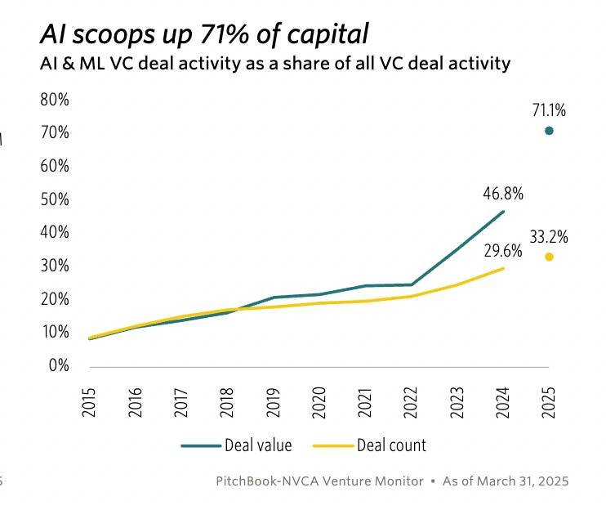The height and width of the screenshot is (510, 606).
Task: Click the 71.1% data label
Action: coord(549,110)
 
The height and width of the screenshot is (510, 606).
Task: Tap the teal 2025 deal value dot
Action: coord(549,131)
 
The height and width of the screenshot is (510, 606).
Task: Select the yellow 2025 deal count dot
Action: coord(549,257)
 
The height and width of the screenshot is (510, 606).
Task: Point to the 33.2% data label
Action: coord(549,238)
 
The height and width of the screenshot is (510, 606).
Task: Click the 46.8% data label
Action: coord(503,194)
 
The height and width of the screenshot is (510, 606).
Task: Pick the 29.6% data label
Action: coord(503,250)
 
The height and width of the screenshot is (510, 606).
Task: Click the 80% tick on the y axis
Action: coord(54,100)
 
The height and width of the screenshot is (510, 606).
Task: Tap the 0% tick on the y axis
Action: coord(57,365)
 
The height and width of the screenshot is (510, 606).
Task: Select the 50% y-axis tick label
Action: coord(54,199)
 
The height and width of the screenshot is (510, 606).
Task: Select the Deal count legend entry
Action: coord(391,445)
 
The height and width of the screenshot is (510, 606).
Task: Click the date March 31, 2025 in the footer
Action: coord(520,481)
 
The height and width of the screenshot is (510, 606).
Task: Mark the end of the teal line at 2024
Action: coord(503,211)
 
